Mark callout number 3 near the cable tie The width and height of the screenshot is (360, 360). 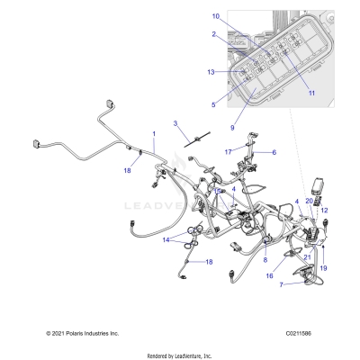(176, 122)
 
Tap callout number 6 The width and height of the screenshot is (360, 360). (274, 152)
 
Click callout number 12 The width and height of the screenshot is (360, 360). (325, 211)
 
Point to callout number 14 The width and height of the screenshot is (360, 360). (166, 240)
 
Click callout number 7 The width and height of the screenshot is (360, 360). (256, 283)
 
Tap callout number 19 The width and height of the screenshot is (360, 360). (323, 268)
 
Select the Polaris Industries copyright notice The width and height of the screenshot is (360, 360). (82, 333)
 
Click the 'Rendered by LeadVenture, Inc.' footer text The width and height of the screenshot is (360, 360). (179, 355)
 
